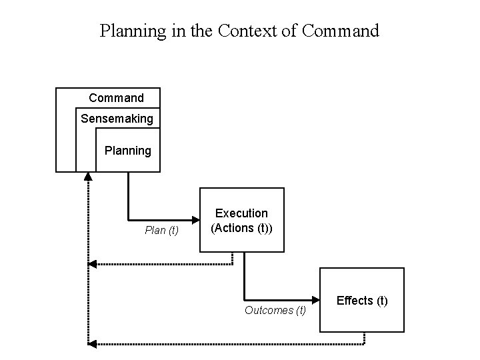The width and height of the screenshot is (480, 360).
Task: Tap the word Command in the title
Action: tap(340, 31)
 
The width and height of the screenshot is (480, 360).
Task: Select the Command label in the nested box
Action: tap(116, 98)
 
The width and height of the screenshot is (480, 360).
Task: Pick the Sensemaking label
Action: tap(117, 119)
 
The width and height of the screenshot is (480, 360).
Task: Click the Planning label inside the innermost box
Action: tap(128, 151)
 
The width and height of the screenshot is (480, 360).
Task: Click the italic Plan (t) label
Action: tap(162, 231)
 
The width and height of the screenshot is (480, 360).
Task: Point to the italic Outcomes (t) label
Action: tap(275, 310)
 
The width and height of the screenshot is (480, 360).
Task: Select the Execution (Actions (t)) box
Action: tap(241, 220)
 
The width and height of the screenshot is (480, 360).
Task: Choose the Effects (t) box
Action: tap(362, 300)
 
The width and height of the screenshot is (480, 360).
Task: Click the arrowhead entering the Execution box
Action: tap(195, 220)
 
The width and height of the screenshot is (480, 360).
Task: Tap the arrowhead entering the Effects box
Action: tap(315, 300)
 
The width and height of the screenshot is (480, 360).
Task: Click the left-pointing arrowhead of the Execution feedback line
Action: tap(93, 264)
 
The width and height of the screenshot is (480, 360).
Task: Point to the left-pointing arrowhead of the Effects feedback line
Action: tap(93, 344)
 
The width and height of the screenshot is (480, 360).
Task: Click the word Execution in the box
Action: tap(241, 213)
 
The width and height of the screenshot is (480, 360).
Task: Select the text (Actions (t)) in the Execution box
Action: tap(241, 227)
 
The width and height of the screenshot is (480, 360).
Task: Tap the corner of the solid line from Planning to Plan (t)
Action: tap(129, 220)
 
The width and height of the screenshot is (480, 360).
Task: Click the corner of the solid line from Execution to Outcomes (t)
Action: tap(245, 300)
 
